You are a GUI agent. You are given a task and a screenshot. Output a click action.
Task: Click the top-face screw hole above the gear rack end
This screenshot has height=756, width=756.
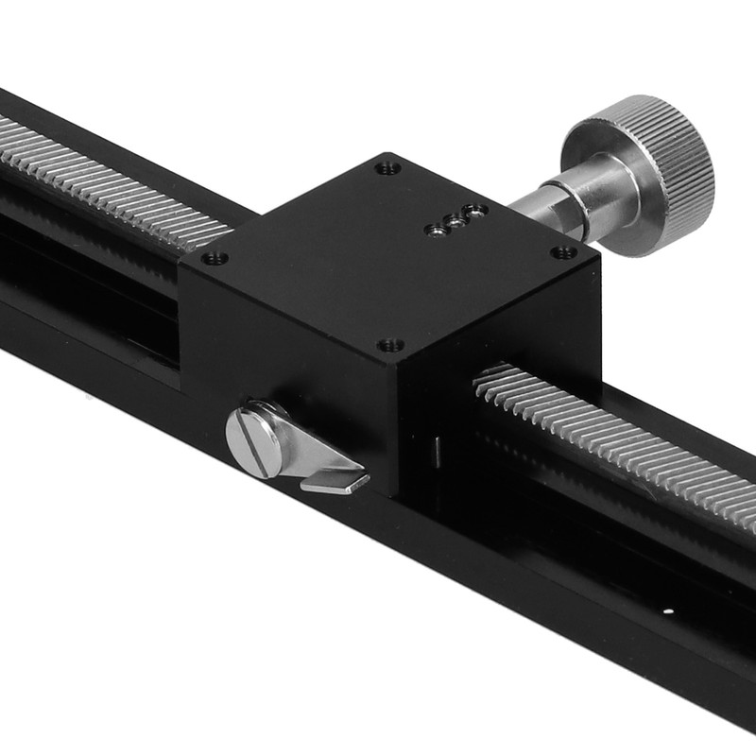click(x=215, y=257)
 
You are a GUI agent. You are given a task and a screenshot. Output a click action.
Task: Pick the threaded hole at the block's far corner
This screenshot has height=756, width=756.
click(x=386, y=169)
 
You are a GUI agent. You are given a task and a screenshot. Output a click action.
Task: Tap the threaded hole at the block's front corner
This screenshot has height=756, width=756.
click(x=390, y=345)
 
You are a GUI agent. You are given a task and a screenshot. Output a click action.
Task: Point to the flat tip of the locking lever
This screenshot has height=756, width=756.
click(x=335, y=484)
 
